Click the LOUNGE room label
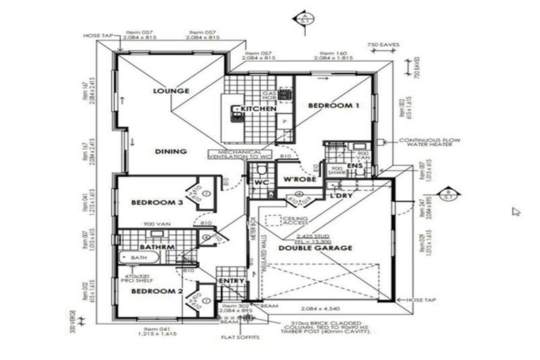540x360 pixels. point(172,91)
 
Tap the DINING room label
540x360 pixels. point(171,151)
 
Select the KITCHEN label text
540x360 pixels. point(258,110)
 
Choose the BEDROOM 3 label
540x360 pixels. point(157,203)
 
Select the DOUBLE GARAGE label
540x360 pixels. point(316,248)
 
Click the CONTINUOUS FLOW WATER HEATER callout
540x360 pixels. point(430,143)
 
